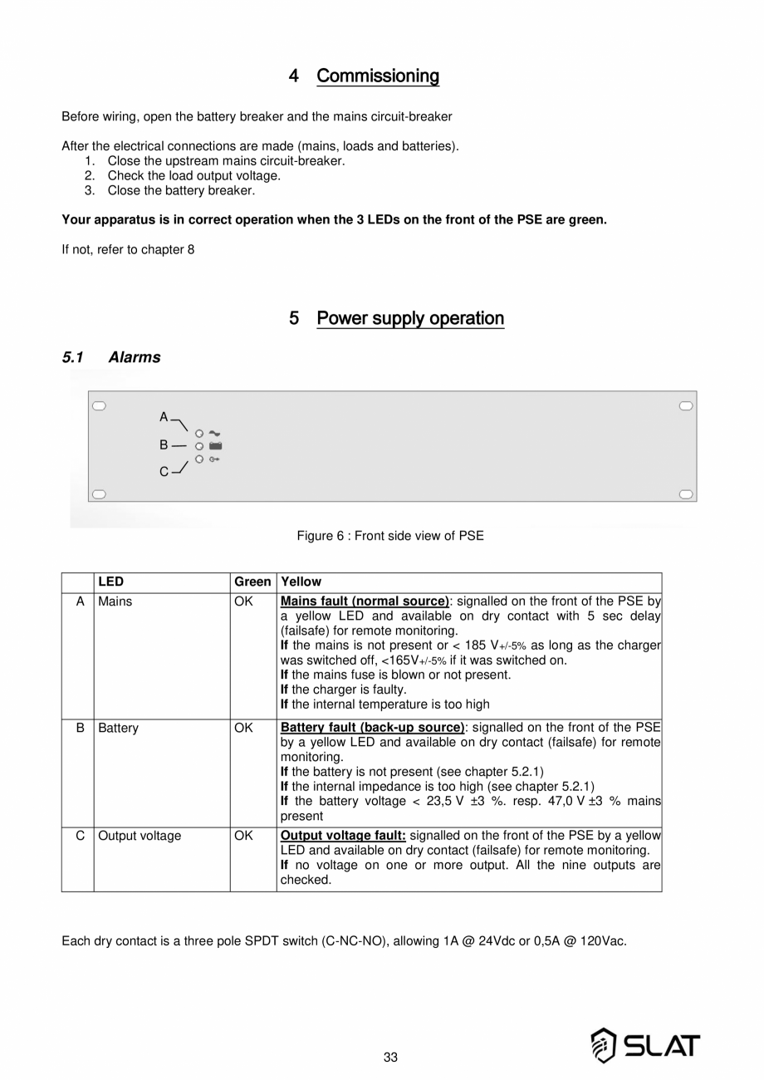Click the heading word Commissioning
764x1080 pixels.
point(378,76)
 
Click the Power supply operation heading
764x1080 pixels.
point(410,318)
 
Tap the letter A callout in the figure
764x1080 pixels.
point(164,416)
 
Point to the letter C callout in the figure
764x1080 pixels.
point(164,472)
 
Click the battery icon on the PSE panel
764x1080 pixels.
point(215,446)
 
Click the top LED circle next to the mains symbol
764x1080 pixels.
point(199,434)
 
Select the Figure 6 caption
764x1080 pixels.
point(390,536)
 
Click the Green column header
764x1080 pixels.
point(252,582)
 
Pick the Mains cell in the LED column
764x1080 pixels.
point(115,601)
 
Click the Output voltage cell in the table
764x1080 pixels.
point(140,836)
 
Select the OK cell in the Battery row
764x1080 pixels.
point(243,728)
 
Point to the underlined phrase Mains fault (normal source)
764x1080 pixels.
point(365,601)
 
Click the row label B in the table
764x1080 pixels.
point(81,728)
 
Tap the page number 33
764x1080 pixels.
point(390,1058)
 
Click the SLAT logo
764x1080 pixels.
point(644,1045)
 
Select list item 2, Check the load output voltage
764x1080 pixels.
point(193,175)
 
